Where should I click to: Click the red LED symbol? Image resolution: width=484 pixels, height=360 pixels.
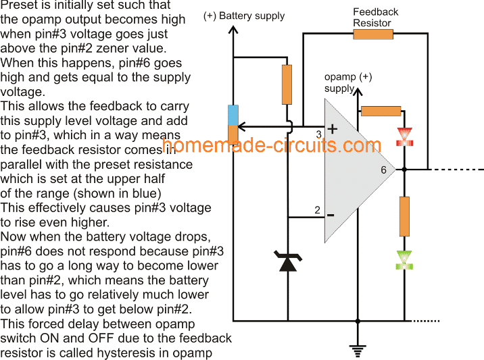click(x=404, y=136)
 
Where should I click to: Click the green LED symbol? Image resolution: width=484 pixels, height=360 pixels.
click(x=404, y=259)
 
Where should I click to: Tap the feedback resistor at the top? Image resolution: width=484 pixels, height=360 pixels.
click(x=373, y=34)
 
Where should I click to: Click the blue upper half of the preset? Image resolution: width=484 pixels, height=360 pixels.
click(x=233, y=115)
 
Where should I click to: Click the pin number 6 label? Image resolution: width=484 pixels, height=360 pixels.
click(x=383, y=170)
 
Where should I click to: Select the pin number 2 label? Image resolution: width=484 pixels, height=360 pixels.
click(x=317, y=210)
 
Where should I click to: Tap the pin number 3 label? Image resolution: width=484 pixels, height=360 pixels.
click(x=318, y=134)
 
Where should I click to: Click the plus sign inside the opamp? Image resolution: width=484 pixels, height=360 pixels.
click(x=332, y=128)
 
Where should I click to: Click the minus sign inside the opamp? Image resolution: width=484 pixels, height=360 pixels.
click(x=331, y=215)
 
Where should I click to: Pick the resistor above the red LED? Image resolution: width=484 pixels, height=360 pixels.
click(x=381, y=111)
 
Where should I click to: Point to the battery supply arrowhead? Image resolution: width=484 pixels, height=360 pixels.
click(x=233, y=30)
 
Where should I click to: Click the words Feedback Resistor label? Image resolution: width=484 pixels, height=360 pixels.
click(x=375, y=17)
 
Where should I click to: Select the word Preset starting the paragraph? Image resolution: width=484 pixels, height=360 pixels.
click(x=18, y=5)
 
